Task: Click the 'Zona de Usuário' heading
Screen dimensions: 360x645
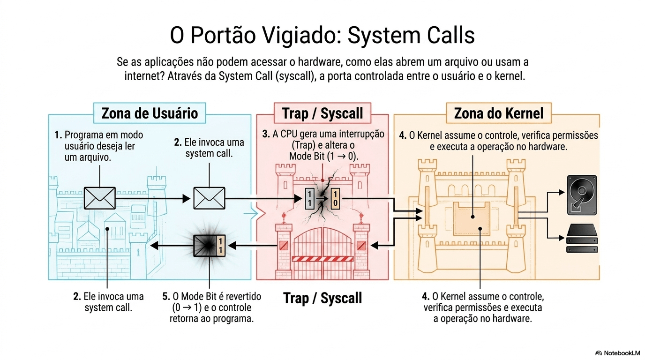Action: [x=150, y=113]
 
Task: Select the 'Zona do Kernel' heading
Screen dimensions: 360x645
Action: [x=499, y=113]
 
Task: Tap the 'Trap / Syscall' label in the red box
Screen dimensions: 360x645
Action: [x=322, y=113]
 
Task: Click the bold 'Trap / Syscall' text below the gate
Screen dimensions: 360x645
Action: [x=322, y=298]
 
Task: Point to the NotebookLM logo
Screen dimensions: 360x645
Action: [x=617, y=353]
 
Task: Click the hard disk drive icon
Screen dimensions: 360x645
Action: [x=582, y=195]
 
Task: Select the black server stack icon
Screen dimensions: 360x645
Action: [x=582, y=239]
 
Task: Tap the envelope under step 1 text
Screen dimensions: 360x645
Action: [x=99, y=198]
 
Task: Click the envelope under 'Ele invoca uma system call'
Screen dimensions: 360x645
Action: [x=209, y=198]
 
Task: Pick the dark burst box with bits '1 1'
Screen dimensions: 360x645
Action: [x=210, y=245]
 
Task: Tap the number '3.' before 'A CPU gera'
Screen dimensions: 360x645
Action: [x=266, y=135]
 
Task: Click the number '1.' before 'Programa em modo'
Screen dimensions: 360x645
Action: [x=58, y=135]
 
